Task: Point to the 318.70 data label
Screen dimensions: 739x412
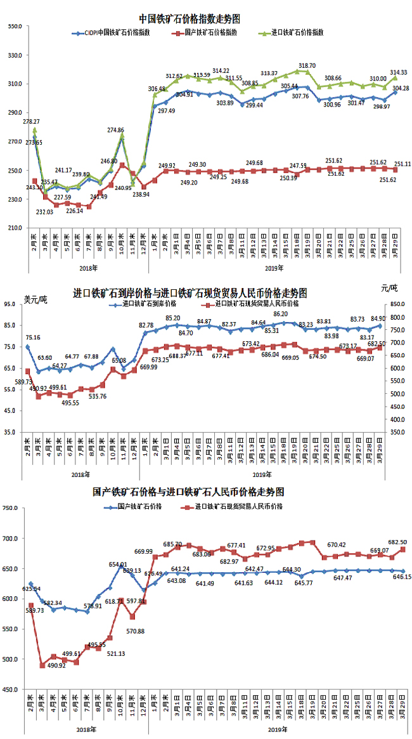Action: point(307,65)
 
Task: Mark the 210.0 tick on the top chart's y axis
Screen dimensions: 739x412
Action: point(15,228)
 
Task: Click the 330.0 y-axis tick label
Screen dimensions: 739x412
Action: point(15,55)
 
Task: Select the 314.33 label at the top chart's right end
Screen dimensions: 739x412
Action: point(398,72)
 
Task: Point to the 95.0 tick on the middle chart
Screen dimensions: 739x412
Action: point(15,304)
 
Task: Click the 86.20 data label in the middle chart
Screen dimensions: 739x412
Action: point(281,314)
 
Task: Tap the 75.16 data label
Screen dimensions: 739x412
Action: point(34,337)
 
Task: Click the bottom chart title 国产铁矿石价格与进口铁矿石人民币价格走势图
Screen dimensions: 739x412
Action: point(188,492)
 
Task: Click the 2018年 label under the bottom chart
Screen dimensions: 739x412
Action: point(80,731)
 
